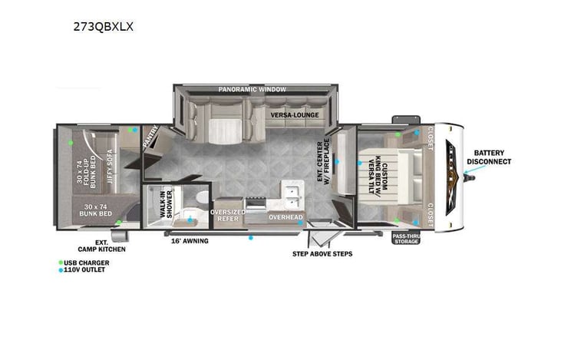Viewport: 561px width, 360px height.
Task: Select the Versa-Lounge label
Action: [294, 115]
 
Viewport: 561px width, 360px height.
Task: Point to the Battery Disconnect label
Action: [492, 157]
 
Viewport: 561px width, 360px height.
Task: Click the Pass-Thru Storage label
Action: [405, 239]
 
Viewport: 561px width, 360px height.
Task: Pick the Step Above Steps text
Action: [322, 253]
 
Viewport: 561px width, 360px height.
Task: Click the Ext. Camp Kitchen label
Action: [101, 246]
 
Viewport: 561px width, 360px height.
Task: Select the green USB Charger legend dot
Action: [61, 263]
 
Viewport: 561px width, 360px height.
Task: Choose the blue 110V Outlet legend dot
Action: [61, 270]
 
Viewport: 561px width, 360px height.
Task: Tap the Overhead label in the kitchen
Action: [285, 217]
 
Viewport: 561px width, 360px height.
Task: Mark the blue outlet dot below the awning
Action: [250, 237]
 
